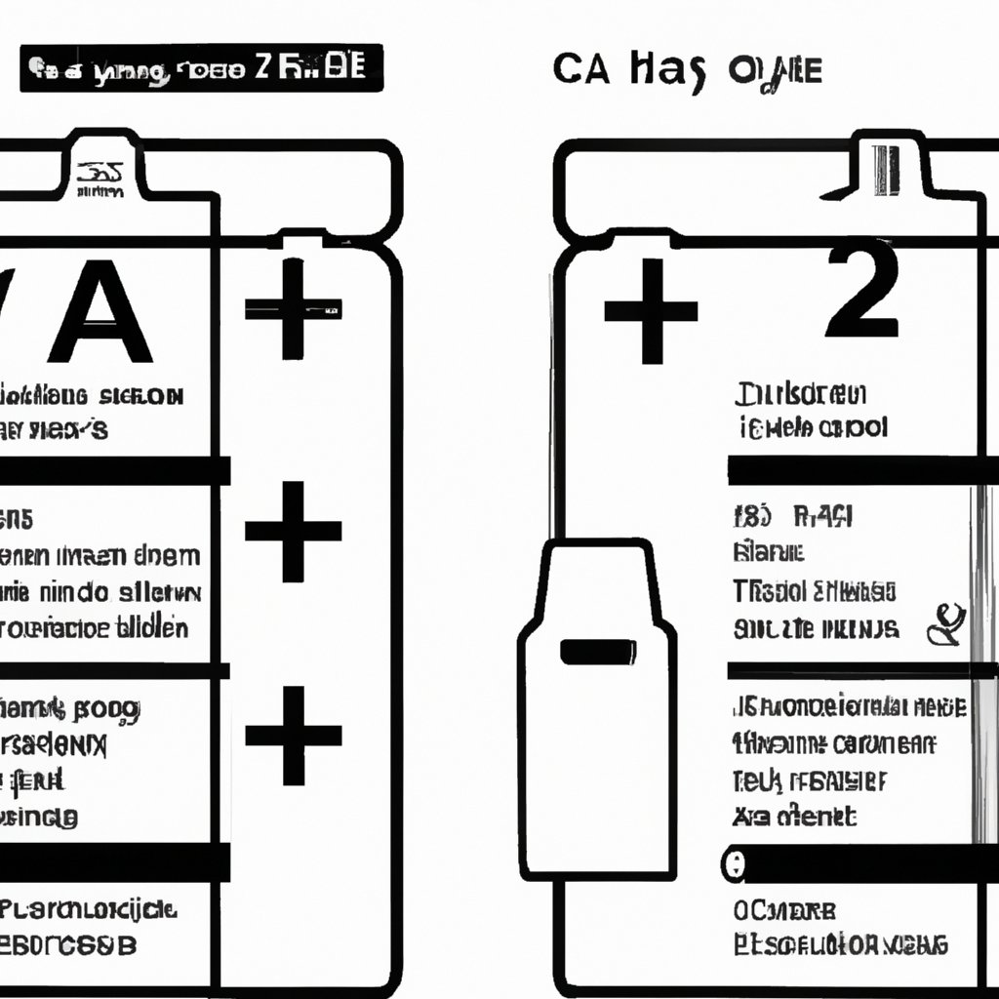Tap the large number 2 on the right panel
point(860,293)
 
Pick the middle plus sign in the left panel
point(293,532)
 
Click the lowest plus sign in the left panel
point(293,735)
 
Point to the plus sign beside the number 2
point(651,311)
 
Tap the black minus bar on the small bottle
point(598,651)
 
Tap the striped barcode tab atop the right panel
point(886,171)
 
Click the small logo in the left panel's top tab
point(100,176)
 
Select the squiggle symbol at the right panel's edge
point(946,624)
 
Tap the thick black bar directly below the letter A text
point(112,469)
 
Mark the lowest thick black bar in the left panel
point(112,861)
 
